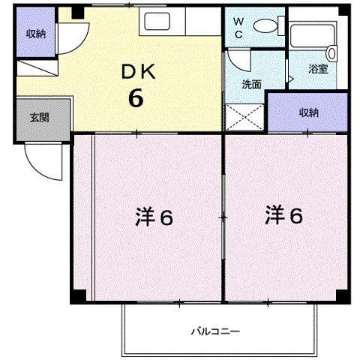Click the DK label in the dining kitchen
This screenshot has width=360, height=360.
pos(138,72)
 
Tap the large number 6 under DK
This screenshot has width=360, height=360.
pos(136,97)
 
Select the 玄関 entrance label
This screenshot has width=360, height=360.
pos(39,118)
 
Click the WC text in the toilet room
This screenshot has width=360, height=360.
pos(238,28)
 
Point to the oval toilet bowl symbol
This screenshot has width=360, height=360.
pos(265,25)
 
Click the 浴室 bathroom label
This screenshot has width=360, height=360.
pos(318,69)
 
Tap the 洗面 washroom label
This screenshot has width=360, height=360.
pos(251,85)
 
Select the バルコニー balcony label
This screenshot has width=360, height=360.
pos(215,331)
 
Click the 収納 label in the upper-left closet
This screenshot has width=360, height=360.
pos(36,34)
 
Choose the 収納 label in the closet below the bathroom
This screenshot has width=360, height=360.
pos(309,113)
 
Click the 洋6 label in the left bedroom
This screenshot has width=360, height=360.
pos(154,217)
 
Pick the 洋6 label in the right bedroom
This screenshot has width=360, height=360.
pos(284,214)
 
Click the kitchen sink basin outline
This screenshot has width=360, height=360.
pos(157,21)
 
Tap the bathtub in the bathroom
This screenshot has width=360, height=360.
pos(313,35)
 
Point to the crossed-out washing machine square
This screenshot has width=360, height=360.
pos(244,117)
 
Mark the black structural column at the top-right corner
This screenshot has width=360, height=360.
pos(344,10)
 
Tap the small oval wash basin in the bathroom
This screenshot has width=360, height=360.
pos(331,53)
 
